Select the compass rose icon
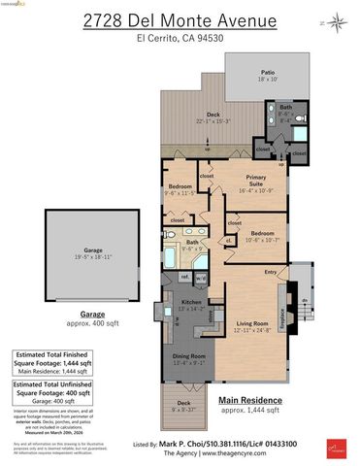pos(336,19)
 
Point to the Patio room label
pos(266,72)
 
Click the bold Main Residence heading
pos(250,400)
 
